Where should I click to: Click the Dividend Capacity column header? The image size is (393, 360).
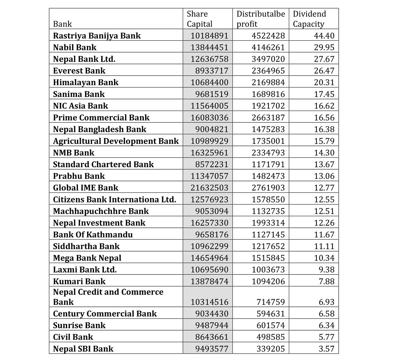(x=309, y=19)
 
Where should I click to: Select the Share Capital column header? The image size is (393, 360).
(x=199, y=19)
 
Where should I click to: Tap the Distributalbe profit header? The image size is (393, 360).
(x=261, y=19)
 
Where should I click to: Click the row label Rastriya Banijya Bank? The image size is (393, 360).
(x=97, y=35)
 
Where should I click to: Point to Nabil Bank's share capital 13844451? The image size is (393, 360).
(x=209, y=47)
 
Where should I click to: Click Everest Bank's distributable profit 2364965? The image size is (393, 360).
(x=268, y=70)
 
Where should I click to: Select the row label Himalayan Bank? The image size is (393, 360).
(x=86, y=82)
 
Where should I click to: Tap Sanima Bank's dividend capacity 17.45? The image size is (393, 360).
(x=324, y=94)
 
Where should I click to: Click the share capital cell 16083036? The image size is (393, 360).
(x=209, y=117)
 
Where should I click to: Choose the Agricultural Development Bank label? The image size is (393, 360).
(x=116, y=141)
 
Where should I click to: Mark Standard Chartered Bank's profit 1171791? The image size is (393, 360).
(x=268, y=164)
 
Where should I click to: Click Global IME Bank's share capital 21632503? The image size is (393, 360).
(x=209, y=188)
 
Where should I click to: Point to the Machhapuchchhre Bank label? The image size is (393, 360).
(x=101, y=211)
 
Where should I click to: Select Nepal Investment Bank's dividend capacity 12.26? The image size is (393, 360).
(x=324, y=223)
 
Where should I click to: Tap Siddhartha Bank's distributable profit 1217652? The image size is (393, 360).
(x=268, y=246)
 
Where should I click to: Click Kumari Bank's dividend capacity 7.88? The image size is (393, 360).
(x=326, y=281)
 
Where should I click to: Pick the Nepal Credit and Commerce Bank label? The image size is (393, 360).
(x=108, y=297)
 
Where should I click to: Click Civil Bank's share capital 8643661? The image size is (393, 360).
(x=212, y=337)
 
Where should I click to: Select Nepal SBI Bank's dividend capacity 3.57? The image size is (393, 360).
(x=326, y=349)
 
